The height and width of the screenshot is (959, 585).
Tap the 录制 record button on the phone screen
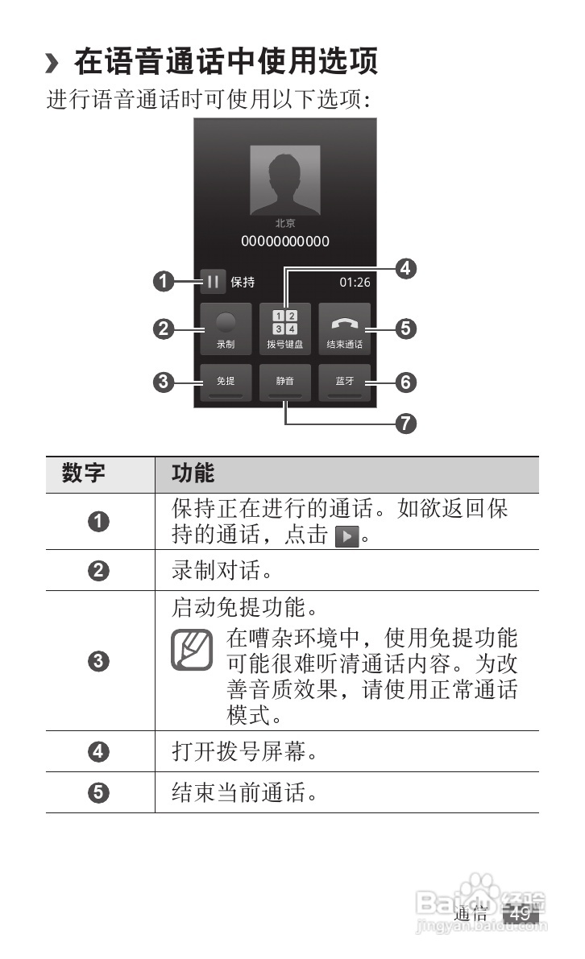(226, 329)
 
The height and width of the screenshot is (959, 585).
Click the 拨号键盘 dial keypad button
(285, 329)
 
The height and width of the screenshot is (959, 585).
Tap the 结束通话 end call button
(344, 329)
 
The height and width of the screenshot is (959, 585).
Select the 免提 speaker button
(226, 382)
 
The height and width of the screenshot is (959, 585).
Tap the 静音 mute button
(285, 382)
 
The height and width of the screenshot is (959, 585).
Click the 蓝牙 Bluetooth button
(344, 382)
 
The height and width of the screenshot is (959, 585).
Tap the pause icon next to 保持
(213, 282)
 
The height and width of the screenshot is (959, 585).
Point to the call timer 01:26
(355, 282)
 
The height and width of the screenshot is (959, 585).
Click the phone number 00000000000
(285, 241)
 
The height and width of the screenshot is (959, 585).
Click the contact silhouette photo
(285, 180)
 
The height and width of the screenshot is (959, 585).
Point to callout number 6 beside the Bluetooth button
(407, 382)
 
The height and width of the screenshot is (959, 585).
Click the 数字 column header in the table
(84, 473)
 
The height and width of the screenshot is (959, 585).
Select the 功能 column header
(193, 473)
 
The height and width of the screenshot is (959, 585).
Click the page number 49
(520, 915)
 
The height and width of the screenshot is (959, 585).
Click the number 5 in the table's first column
(98, 792)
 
